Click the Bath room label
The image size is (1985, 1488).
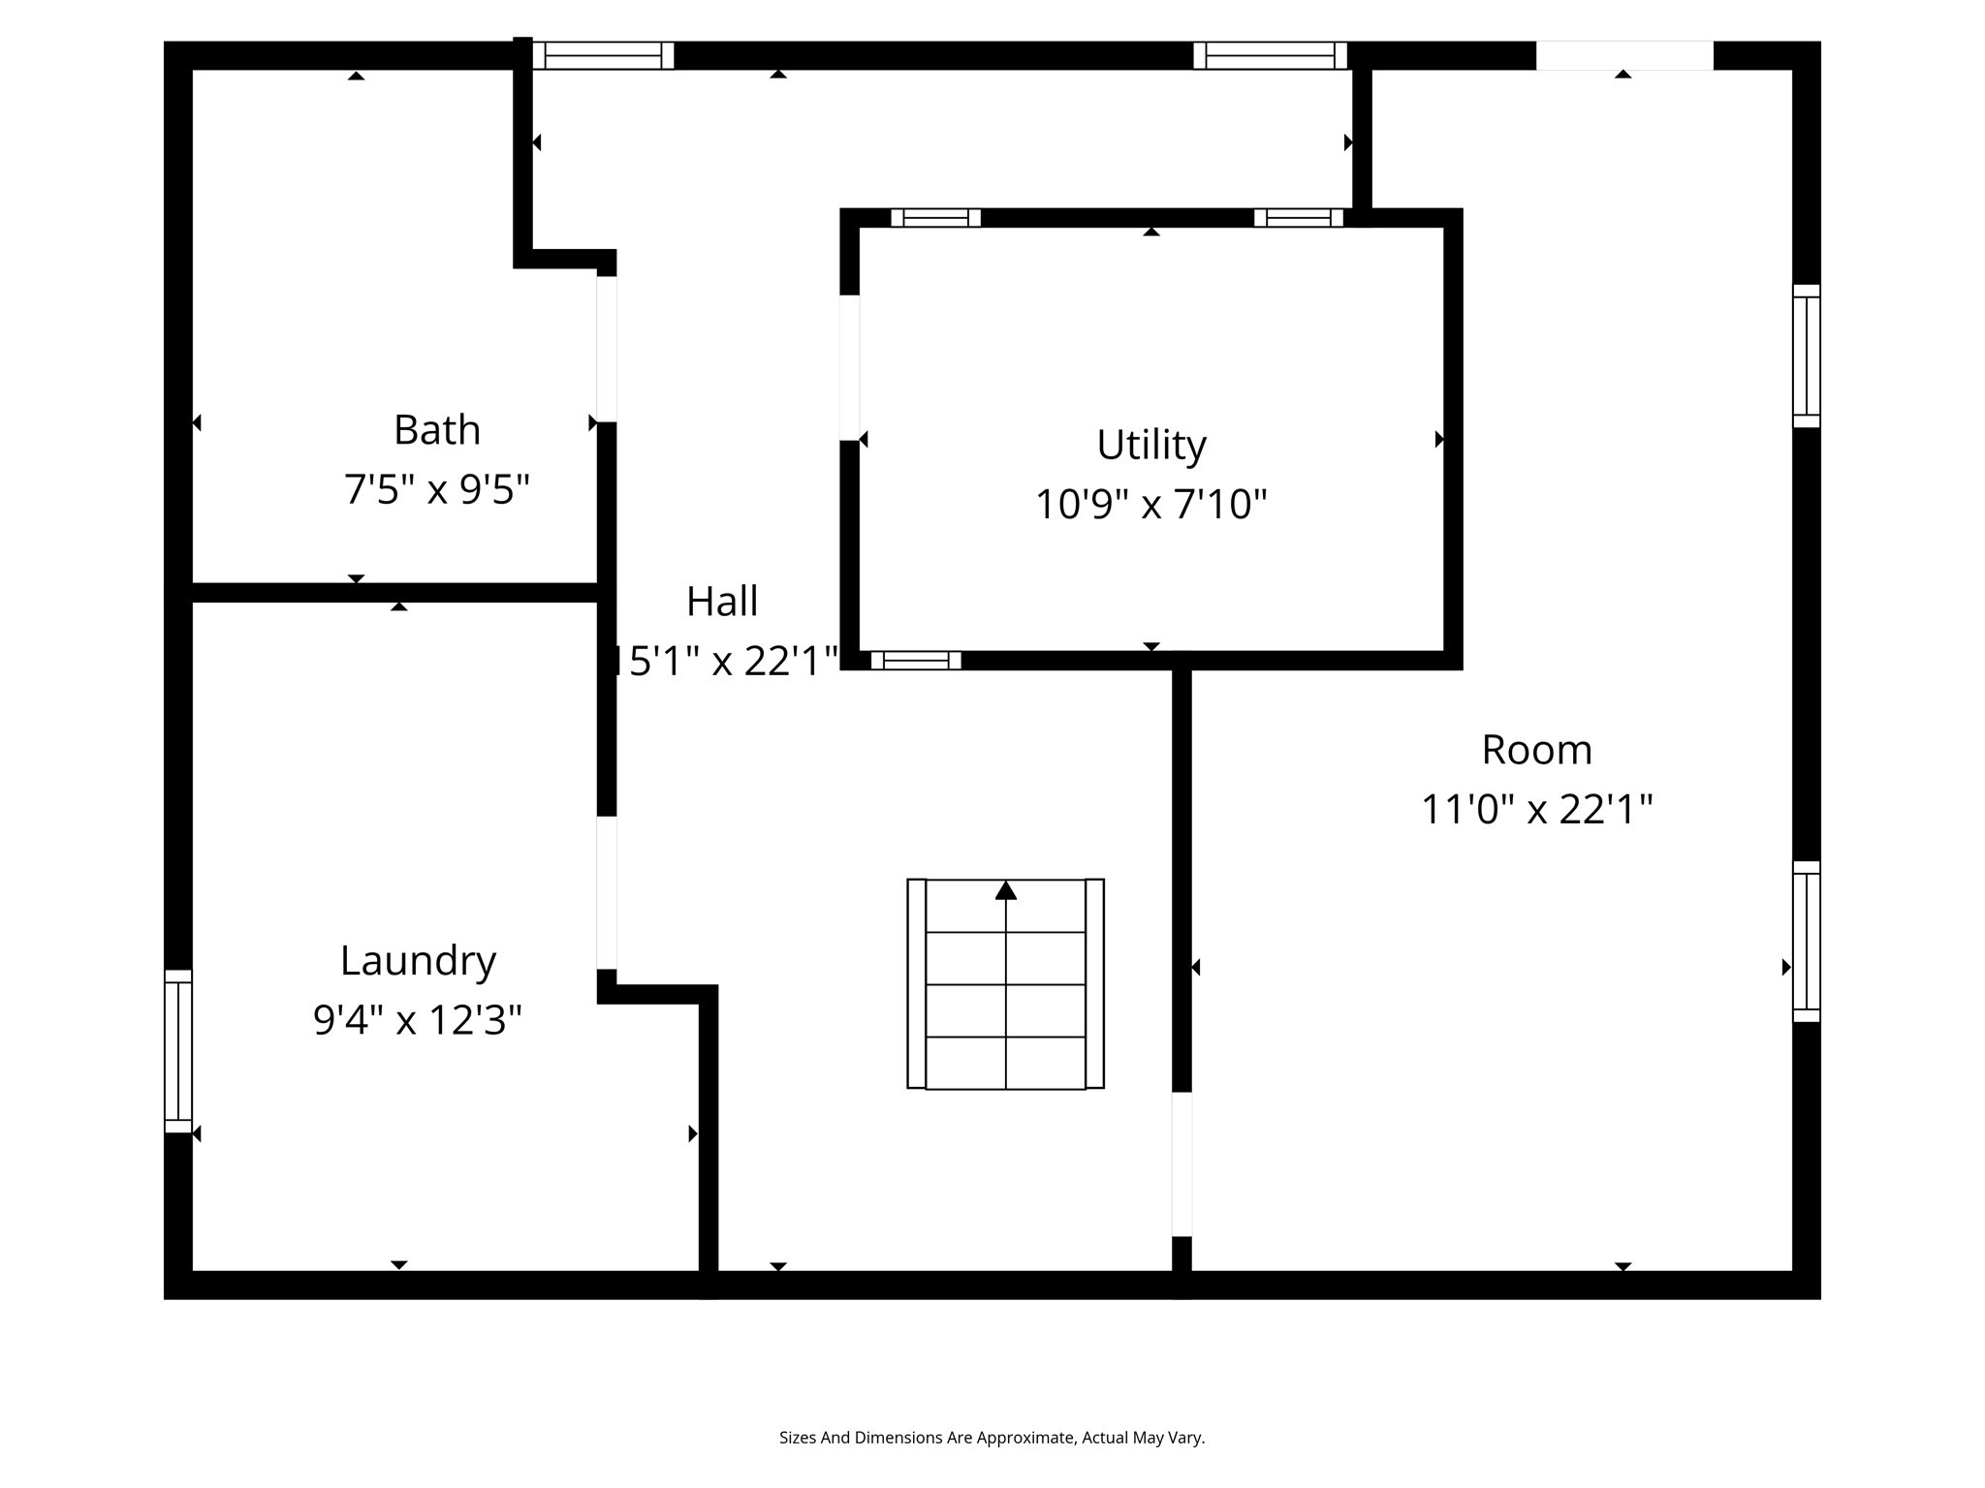[436, 430]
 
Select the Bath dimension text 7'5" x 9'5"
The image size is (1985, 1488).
[436, 489]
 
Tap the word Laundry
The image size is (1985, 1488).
[418, 961]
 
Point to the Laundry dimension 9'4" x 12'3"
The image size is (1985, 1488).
[418, 1020]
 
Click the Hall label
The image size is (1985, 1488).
[722, 602]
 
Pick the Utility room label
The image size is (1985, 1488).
[1150, 446]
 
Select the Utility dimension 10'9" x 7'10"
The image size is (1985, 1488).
[1150, 505]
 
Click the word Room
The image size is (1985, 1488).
[1536, 750]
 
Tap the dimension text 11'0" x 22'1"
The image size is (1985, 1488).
[1536, 809]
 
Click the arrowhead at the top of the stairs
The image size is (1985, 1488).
[1005, 890]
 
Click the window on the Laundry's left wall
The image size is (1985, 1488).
[178, 1051]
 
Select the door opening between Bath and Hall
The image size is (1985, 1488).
[607, 349]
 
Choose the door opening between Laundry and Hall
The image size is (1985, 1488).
[607, 892]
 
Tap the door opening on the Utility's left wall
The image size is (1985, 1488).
[849, 367]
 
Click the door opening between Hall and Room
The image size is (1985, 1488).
[1182, 1163]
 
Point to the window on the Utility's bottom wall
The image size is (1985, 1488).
[915, 661]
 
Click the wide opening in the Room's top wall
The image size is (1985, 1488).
[1624, 55]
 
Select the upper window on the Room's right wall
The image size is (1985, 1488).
[1806, 356]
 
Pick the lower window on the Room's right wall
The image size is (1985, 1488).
[1806, 942]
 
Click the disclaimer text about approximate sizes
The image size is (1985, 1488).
[992, 1438]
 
